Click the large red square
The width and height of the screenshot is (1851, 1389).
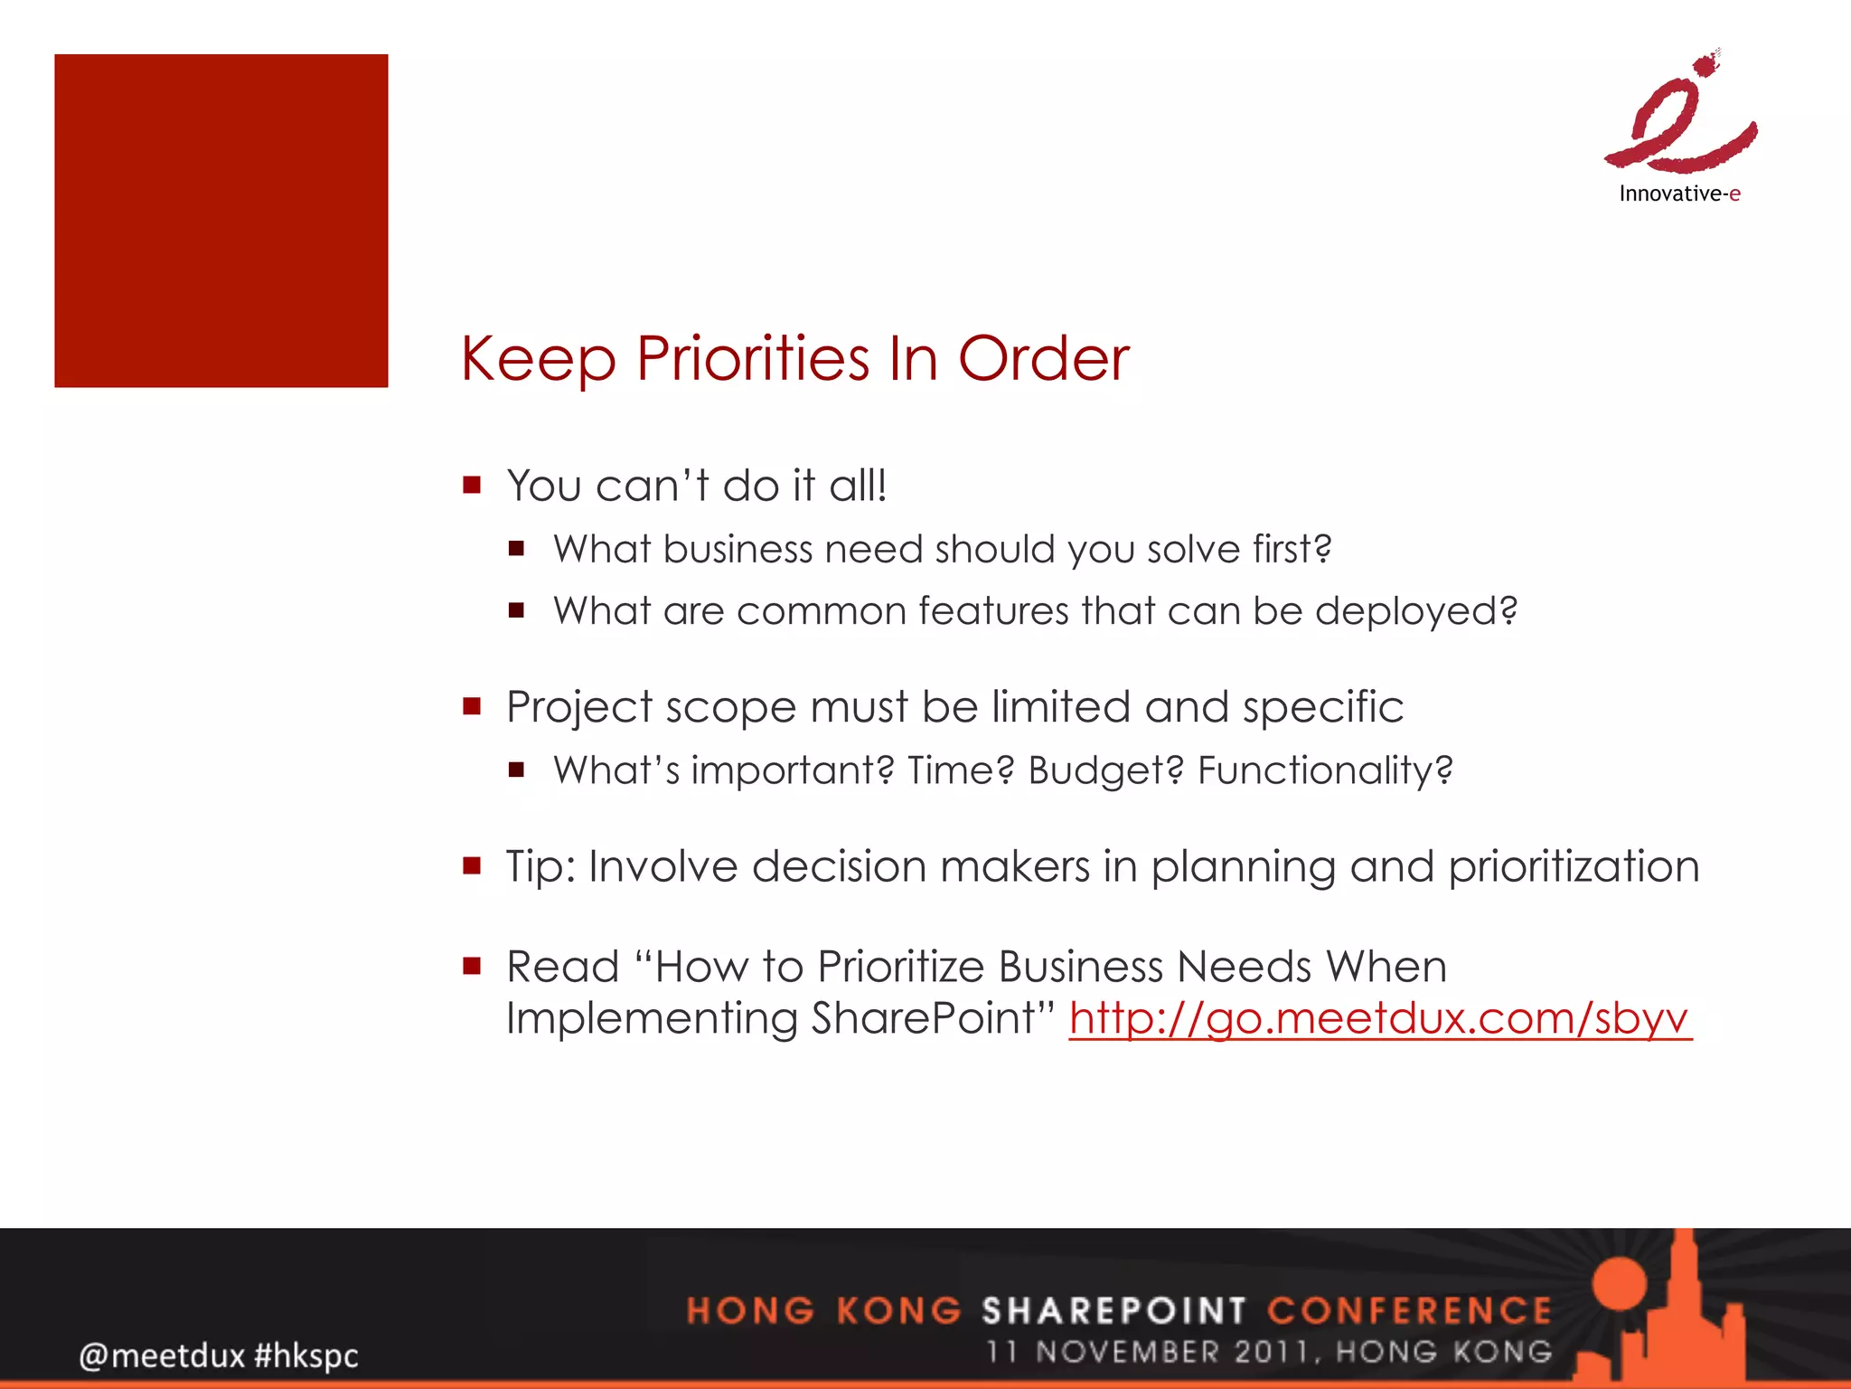(221, 221)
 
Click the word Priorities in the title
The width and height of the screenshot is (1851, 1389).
(754, 359)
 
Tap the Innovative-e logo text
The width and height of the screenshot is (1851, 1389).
(1679, 194)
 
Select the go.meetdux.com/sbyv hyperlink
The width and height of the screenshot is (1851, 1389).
(1379, 1018)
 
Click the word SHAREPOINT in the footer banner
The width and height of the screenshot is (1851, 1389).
(1113, 1310)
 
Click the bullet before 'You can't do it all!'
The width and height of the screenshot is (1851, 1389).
(471, 485)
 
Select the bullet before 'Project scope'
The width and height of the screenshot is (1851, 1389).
(471, 705)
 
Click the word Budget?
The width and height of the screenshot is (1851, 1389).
(1105, 770)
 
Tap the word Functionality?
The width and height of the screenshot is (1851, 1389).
(1325, 770)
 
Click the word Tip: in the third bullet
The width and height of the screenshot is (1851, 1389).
(540, 866)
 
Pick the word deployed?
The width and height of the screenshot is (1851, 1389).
(1415, 611)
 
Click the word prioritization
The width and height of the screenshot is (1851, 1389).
(1574, 866)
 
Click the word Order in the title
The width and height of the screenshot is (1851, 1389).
(1043, 359)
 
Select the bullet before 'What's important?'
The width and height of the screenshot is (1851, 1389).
(516, 770)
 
